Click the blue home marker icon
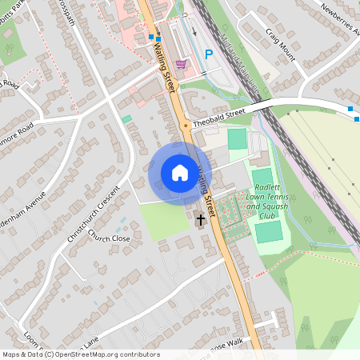coord(179,171)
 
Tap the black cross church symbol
coord(199,218)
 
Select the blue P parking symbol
coord(209,54)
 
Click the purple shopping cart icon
coord(182,64)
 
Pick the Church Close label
coord(109,238)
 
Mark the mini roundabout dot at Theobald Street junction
coord(186,125)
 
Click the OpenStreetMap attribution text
coord(80,354)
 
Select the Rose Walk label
coord(229,342)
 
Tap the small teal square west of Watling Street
coord(126,118)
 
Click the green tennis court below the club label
coord(270,232)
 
